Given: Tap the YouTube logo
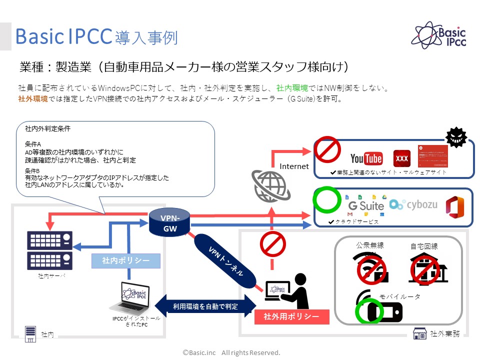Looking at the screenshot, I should point(366,159).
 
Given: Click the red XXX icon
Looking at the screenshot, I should point(402,158).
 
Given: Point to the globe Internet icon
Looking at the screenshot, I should point(270,185).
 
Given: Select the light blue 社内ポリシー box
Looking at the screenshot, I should point(125,260).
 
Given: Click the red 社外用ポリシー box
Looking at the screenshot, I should point(291,316).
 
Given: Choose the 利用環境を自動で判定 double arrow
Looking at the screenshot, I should point(205,306).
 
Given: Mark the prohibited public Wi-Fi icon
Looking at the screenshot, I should point(370,268).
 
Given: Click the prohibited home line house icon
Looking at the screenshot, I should point(427,267).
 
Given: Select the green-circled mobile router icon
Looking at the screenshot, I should point(378,311).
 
